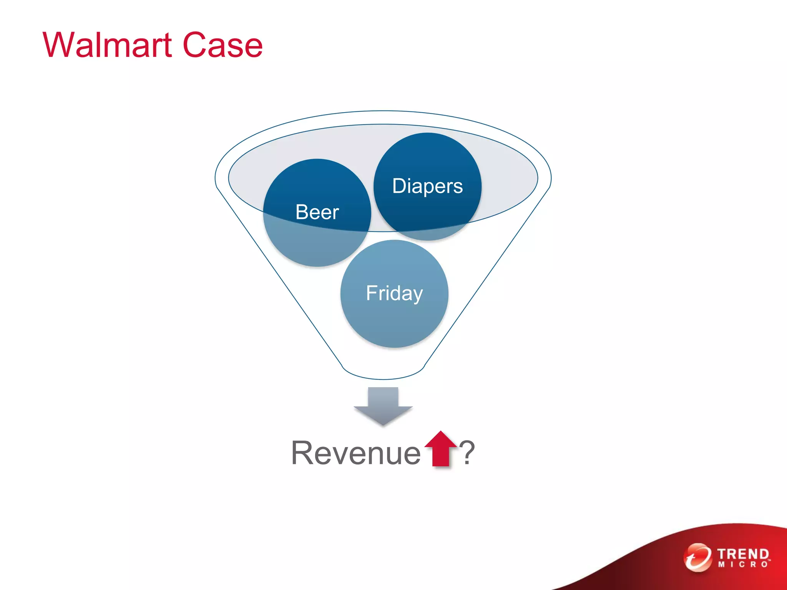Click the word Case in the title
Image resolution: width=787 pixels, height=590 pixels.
tap(222, 45)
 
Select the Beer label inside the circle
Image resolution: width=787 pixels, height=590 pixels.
tap(317, 212)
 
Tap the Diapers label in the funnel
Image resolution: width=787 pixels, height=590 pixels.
tap(427, 186)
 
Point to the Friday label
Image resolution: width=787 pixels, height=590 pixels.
tap(394, 293)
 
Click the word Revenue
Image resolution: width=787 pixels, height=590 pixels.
tap(356, 453)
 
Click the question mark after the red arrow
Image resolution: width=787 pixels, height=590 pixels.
tap(467, 453)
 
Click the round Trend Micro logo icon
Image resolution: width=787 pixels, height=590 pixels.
tap(697, 557)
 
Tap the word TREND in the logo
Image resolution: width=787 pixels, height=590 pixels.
tap(742, 554)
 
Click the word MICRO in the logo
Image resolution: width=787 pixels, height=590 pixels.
tap(742, 565)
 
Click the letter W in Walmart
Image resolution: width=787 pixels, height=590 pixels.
tap(58, 45)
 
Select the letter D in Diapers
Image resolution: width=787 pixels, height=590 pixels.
tap(400, 186)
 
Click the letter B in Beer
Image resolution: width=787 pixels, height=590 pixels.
tap(302, 212)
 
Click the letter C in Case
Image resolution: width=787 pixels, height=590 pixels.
tap(194, 45)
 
